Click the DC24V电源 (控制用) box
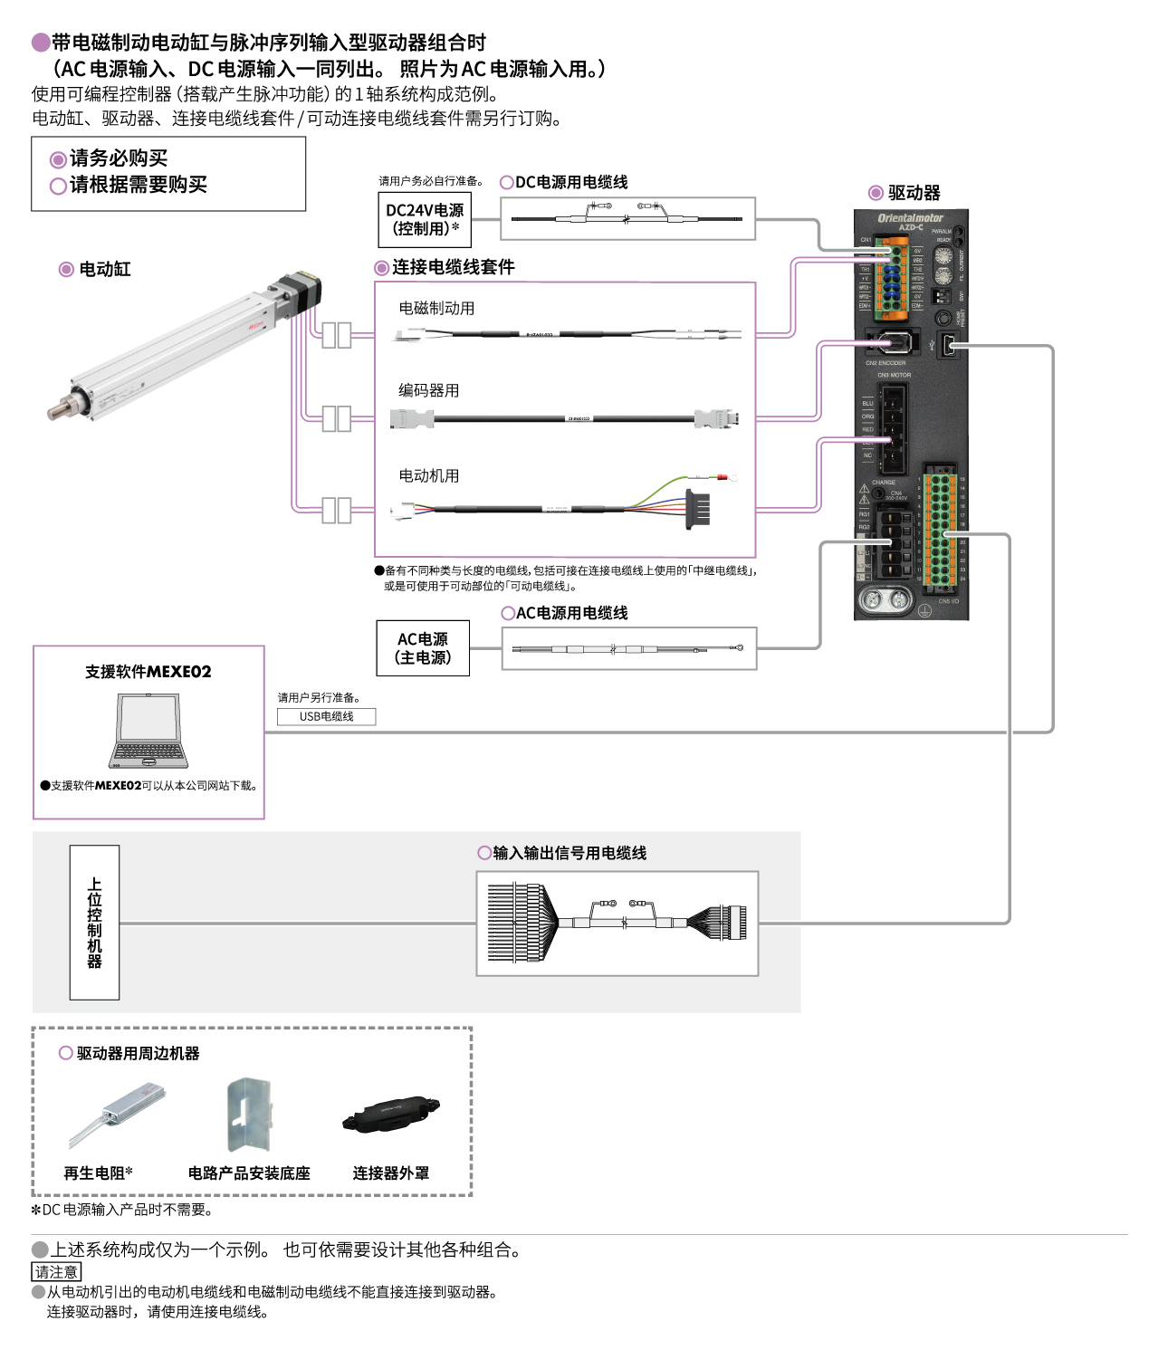click(x=424, y=219)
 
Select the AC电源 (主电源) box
click(x=423, y=648)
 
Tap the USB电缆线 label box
click(x=326, y=716)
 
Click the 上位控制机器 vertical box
click(x=94, y=922)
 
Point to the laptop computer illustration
click(x=148, y=731)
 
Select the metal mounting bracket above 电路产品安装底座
click(x=248, y=1114)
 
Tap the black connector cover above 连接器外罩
click(x=391, y=1115)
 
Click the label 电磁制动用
click(x=436, y=308)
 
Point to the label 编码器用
click(x=428, y=390)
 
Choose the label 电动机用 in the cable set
click(x=428, y=475)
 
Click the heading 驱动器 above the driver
click(x=914, y=193)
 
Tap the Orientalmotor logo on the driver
click(x=910, y=218)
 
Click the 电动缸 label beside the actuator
click(x=104, y=269)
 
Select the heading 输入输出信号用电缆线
click(x=569, y=853)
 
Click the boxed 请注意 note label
click(x=56, y=1272)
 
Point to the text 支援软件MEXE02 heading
click(x=148, y=672)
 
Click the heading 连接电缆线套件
click(x=453, y=267)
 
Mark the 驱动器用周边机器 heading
click(x=138, y=1053)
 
